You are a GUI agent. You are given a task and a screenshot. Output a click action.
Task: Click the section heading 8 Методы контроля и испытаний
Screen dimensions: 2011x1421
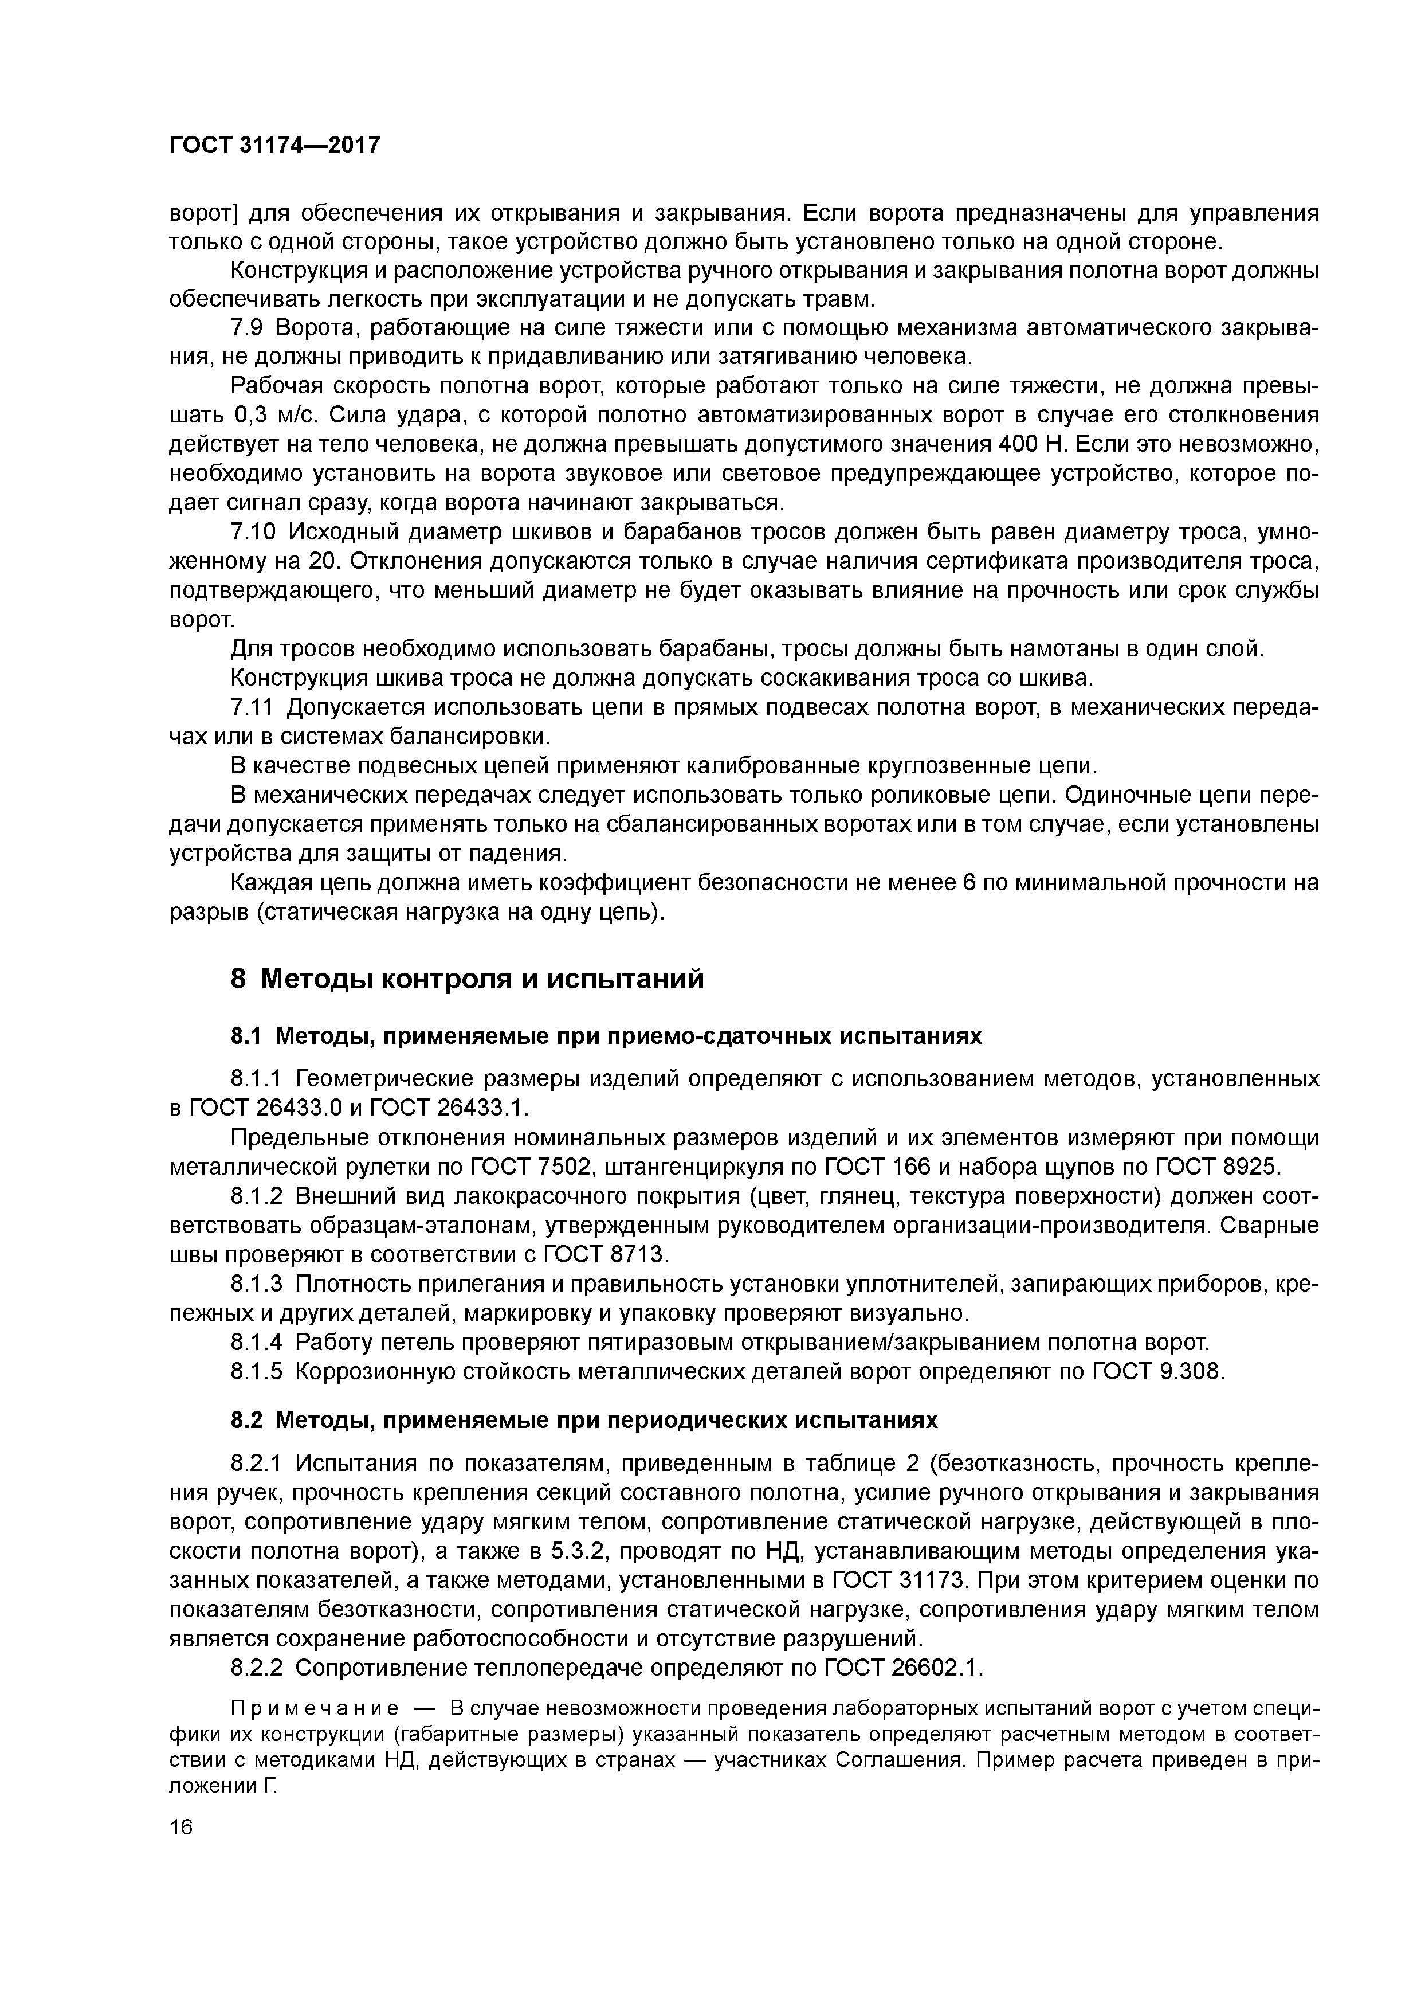point(466,979)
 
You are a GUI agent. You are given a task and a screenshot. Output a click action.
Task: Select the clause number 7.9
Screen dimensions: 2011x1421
point(248,327)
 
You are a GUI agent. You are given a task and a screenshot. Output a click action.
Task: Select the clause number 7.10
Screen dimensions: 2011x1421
point(253,533)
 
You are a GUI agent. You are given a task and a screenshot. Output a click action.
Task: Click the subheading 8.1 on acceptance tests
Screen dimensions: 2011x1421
point(606,1036)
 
